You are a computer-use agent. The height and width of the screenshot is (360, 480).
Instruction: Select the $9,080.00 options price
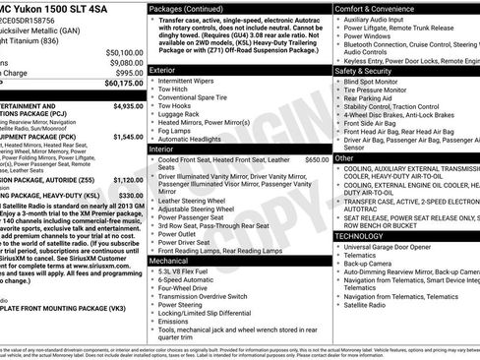pos(122,62)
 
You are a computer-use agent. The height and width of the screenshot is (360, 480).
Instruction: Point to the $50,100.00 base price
pos(120,51)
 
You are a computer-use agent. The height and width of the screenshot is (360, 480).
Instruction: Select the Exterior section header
pos(163,71)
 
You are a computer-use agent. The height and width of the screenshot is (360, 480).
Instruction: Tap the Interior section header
pos(162,148)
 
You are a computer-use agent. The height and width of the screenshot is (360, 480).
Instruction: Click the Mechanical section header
pos(169,262)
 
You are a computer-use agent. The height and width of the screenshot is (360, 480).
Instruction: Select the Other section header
pos(345,157)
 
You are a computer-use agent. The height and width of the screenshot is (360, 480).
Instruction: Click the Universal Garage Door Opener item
pos(401,249)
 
